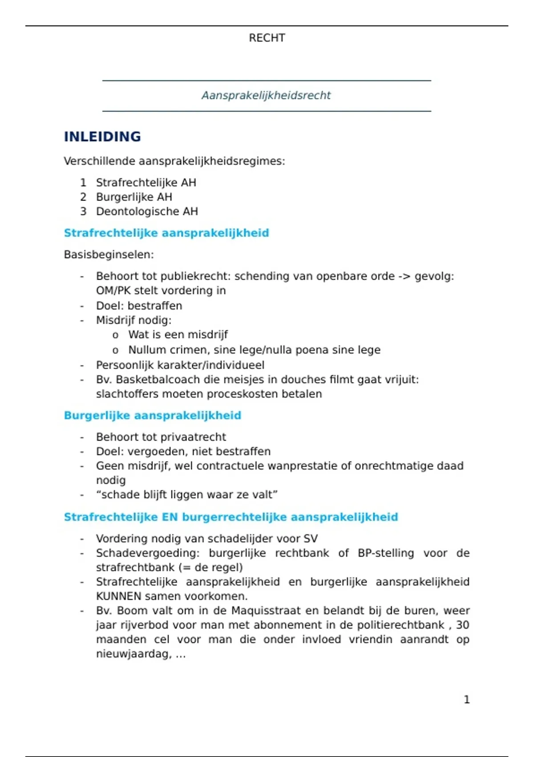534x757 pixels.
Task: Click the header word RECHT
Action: click(x=267, y=38)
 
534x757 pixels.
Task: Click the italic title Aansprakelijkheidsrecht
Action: click(x=266, y=95)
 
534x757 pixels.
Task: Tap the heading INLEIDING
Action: click(x=102, y=137)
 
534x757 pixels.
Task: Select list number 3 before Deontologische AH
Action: click(x=83, y=212)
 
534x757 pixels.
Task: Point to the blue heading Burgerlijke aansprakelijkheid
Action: click(x=152, y=415)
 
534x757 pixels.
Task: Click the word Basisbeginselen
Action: click(x=108, y=255)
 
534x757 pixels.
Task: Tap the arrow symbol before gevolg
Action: click(x=404, y=277)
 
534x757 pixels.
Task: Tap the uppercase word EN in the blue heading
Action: click(x=170, y=517)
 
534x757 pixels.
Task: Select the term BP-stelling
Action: click(x=386, y=554)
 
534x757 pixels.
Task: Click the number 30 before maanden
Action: click(x=462, y=625)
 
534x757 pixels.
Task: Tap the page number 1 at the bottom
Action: click(x=466, y=700)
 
